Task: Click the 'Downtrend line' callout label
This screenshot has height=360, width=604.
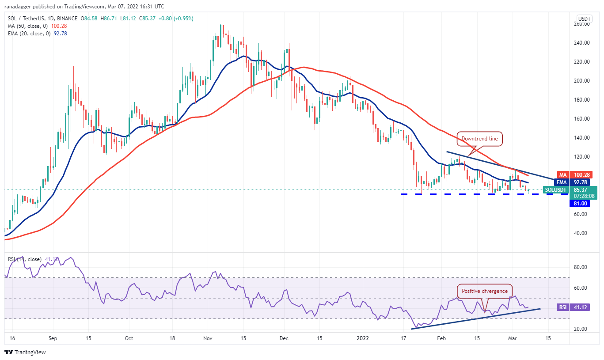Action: pyautogui.click(x=480, y=139)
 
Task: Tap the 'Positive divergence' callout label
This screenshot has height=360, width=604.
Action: pyautogui.click(x=485, y=291)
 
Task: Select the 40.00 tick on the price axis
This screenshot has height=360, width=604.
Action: pyautogui.click(x=582, y=233)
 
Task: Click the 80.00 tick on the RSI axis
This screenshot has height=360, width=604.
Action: pyautogui.click(x=582, y=267)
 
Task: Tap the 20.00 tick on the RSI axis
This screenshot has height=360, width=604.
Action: pyautogui.click(x=582, y=329)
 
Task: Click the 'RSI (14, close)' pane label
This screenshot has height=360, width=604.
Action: pyautogui.click(x=25, y=259)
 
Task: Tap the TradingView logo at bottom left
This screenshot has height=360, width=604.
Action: pyautogui.click(x=25, y=352)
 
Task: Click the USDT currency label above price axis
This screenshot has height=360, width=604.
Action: pyautogui.click(x=584, y=19)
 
